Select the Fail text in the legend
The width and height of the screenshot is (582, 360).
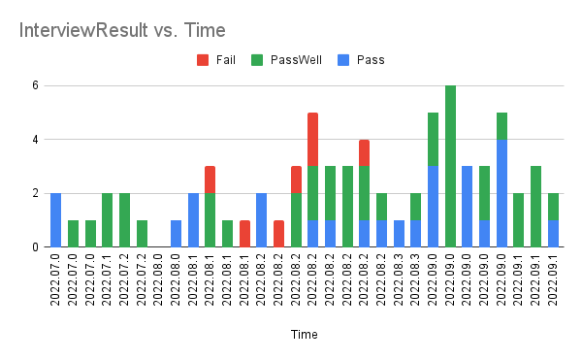[226, 59]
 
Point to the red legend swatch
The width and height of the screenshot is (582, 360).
[202, 59]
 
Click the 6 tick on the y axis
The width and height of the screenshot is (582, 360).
[34, 85]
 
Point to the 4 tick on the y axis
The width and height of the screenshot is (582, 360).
[34, 140]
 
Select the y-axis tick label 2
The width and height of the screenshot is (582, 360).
[34, 193]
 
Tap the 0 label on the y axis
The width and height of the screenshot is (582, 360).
[34, 247]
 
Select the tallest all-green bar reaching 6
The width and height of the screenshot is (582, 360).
[450, 166]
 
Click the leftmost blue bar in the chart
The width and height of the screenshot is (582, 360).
[56, 220]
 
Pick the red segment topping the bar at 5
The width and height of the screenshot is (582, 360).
[313, 140]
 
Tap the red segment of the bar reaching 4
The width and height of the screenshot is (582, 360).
[364, 152]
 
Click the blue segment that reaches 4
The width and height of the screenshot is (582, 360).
[501, 193]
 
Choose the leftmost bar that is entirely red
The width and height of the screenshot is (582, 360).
[244, 234]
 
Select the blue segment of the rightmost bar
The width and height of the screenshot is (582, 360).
[552, 234]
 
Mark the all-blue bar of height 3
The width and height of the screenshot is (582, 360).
[467, 207]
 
